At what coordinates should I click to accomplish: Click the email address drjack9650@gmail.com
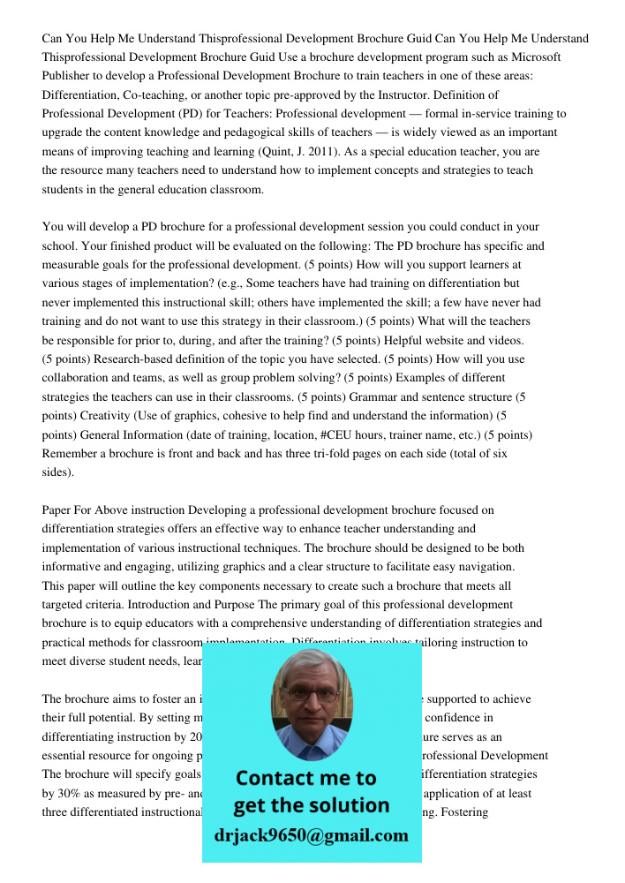312,835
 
